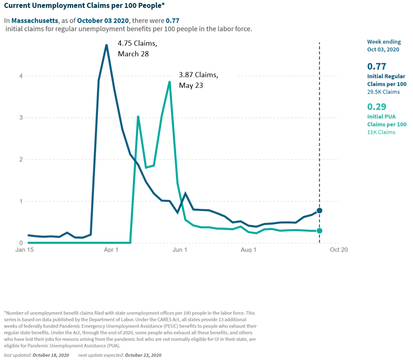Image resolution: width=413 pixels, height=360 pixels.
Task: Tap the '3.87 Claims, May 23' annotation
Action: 198,80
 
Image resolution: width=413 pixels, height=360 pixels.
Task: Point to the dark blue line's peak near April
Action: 106,45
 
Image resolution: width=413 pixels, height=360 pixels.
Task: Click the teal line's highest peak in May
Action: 169,82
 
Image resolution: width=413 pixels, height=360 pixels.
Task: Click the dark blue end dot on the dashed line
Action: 319,210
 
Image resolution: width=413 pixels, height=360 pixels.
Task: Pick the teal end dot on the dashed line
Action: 319,231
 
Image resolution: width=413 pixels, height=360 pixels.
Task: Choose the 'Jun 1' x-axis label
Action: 180,250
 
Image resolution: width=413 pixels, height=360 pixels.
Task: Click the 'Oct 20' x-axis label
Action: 339,250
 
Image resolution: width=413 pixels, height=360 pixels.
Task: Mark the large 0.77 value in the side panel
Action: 377,66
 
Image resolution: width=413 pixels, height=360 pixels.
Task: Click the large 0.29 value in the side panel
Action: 377,107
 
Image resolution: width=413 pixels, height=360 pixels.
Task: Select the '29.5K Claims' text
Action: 383,92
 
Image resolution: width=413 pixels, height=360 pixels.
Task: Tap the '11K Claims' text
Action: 381,132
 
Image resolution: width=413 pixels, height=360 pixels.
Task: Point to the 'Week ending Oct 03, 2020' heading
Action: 383,45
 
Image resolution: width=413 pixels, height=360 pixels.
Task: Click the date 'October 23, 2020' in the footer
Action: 143,355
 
